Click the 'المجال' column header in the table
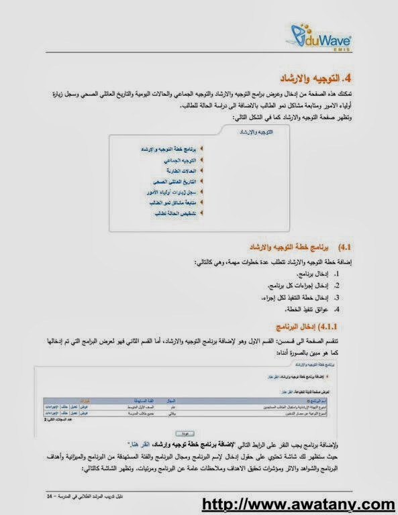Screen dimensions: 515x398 tap(170, 400)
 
